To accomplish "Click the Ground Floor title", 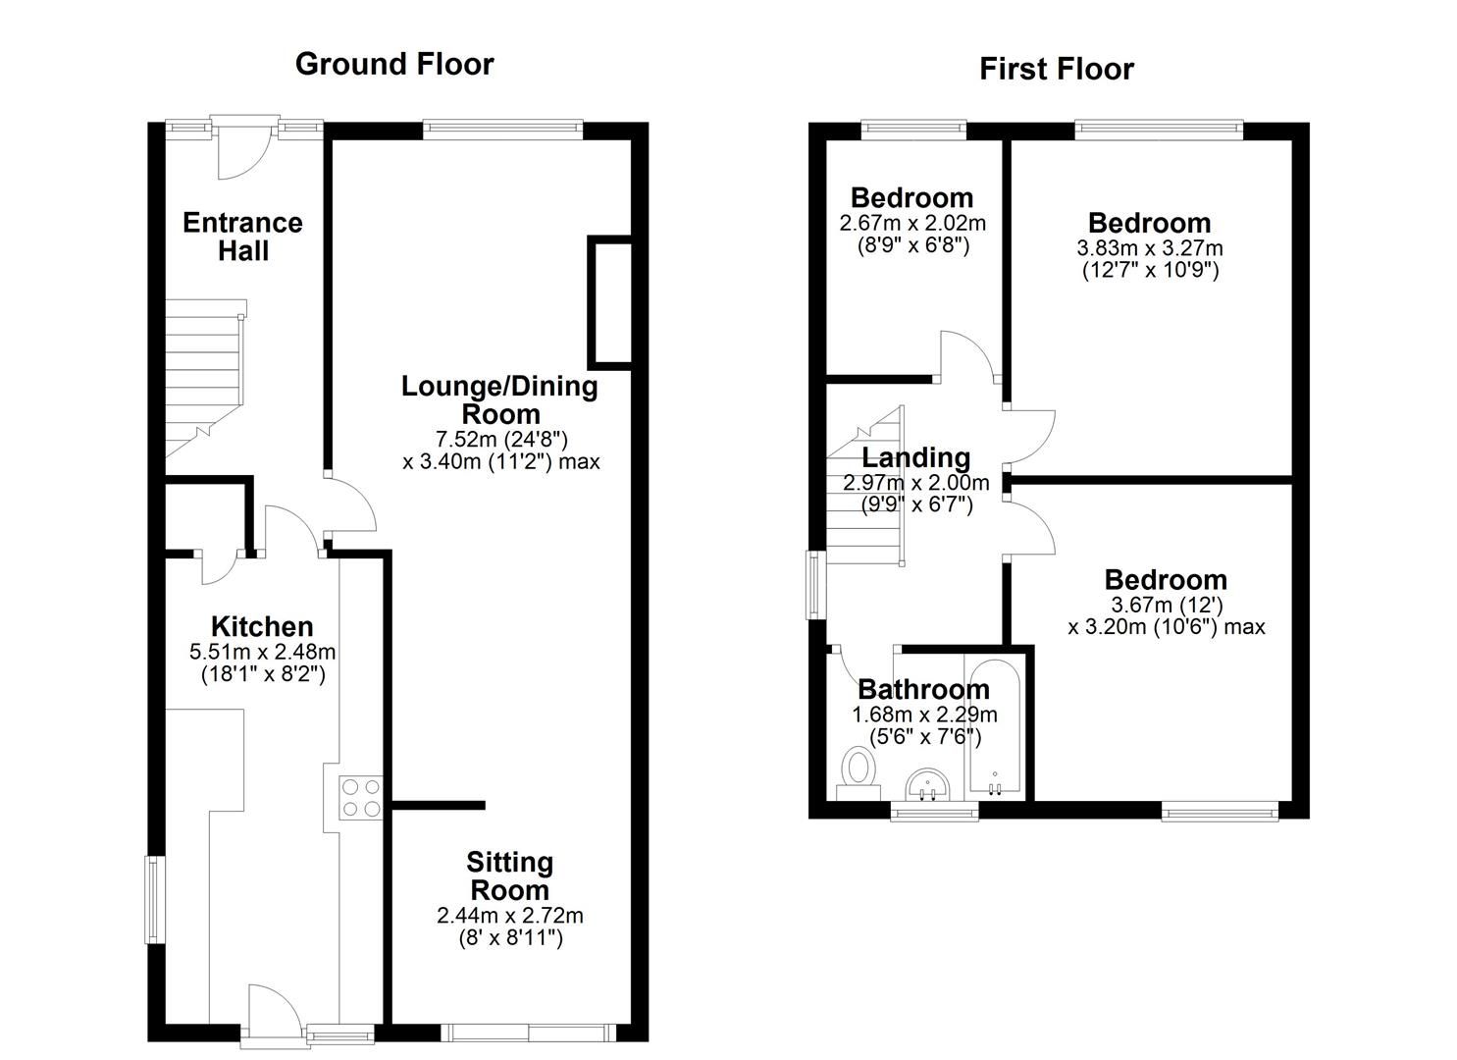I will pos(394,64).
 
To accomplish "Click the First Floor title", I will pos(1057,69).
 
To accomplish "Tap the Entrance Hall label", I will pos(242,237).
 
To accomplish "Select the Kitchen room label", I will pos(262,626).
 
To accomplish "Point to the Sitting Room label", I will pos(509,876).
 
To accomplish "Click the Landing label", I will pos(916,457).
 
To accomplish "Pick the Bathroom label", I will pos(923,689).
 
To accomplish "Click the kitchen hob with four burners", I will pos(360,797).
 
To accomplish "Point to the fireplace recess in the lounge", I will pos(610,302).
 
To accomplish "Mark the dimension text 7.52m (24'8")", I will pos(501,438).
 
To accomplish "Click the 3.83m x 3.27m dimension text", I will pos(1150,248).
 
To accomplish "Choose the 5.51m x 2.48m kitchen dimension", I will pos(262,652).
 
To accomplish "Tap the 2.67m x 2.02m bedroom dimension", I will pos(912,223).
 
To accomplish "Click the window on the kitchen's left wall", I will pos(155,900).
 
